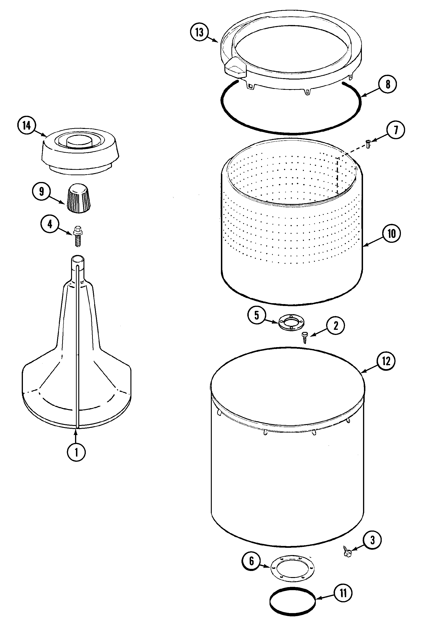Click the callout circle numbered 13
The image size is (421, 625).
coord(199,32)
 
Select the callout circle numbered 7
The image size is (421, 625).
coord(396,130)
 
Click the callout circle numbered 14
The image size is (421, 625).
coord(27,126)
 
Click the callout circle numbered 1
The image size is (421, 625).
coord(76,453)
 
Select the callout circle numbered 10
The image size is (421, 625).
coord(392,233)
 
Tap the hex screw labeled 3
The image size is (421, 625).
coord(347,551)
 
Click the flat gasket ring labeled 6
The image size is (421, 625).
coord(293,571)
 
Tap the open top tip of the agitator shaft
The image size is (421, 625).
coord(78,259)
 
